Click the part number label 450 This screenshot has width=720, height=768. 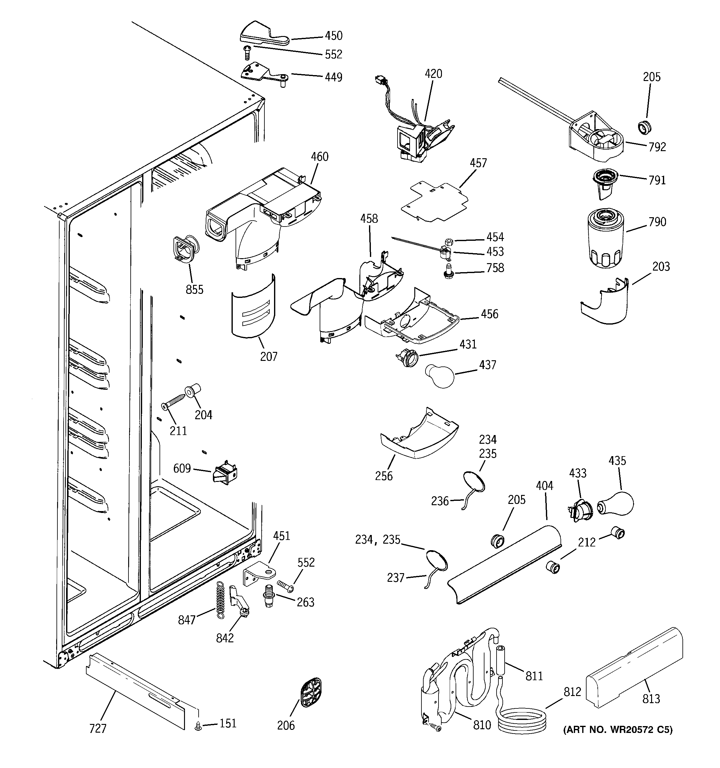[x=333, y=36]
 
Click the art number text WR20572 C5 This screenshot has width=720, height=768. [x=618, y=730]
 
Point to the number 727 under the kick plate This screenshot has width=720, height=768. [x=97, y=728]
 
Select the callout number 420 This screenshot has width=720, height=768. [x=433, y=74]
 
